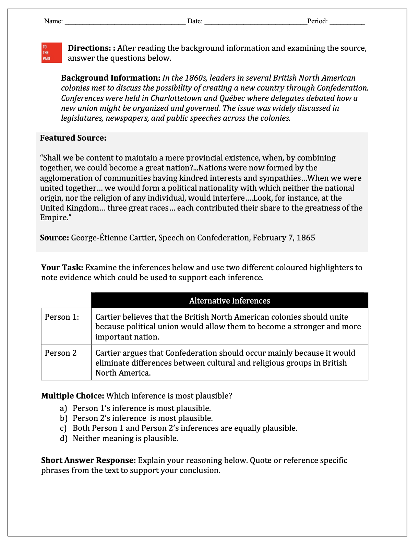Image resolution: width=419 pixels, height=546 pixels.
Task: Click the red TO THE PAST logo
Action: (x=51, y=53)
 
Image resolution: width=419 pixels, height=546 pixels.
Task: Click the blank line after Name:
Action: (x=125, y=22)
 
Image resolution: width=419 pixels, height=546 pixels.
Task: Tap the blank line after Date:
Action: (x=255, y=22)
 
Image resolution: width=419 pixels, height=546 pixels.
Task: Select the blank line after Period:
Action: (x=347, y=22)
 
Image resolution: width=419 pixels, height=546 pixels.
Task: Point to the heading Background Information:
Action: (x=110, y=78)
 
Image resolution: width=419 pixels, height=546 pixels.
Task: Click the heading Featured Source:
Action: (x=73, y=138)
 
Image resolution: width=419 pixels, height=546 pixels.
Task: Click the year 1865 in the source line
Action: (x=306, y=238)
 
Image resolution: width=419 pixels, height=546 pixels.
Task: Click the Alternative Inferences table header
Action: (x=229, y=301)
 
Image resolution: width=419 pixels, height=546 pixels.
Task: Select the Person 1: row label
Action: (x=62, y=317)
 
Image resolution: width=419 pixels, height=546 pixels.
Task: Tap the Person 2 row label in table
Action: (x=61, y=353)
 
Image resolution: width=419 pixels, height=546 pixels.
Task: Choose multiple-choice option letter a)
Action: (x=63, y=408)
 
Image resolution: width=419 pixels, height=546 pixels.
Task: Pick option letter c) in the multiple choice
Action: (x=63, y=428)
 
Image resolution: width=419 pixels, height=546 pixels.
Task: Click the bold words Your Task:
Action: (x=62, y=268)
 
